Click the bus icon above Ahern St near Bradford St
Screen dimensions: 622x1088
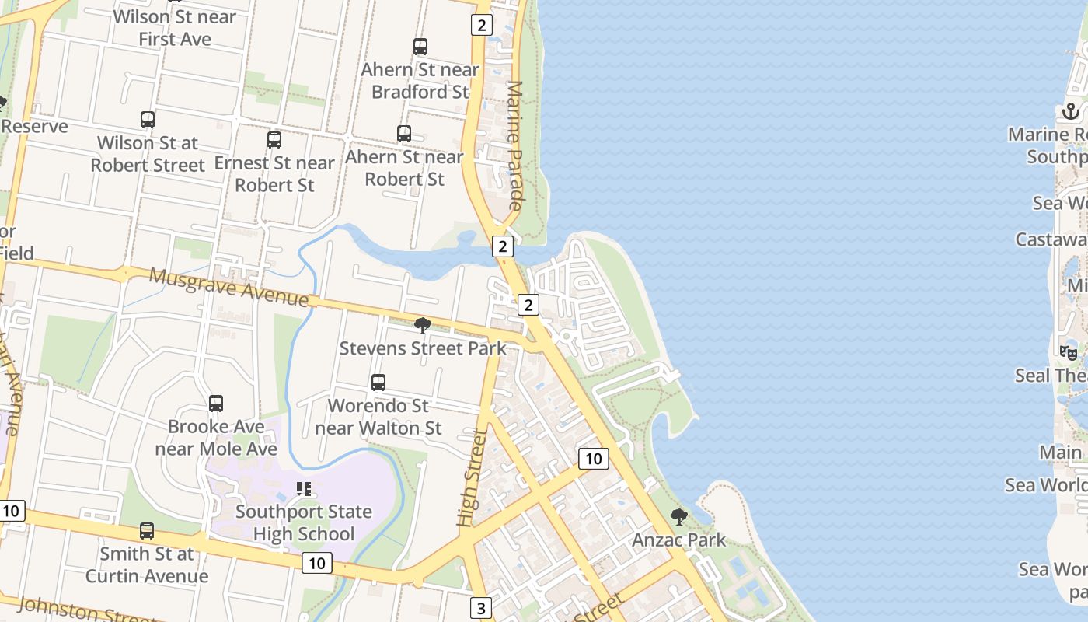click(x=420, y=47)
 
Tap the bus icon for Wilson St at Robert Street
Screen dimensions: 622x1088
click(x=148, y=120)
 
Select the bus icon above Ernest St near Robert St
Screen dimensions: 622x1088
click(x=274, y=140)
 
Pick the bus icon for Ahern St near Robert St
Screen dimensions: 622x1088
click(x=404, y=134)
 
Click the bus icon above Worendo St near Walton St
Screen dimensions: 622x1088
click(x=378, y=383)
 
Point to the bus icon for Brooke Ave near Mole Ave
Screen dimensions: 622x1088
click(x=216, y=404)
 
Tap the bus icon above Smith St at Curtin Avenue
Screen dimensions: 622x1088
click(x=147, y=531)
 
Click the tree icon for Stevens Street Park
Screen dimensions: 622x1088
click(x=423, y=325)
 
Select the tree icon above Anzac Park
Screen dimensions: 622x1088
click(x=679, y=517)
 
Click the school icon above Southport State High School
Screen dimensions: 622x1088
click(x=304, y=489)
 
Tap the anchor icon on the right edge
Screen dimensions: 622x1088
click(x=1072, y=111)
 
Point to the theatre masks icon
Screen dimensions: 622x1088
click(x=1069, y=352)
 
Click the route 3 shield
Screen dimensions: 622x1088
click(x=481, y=607)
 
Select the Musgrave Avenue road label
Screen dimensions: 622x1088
click(x=228, y=287)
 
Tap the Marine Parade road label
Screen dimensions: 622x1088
click(x=514, y=145)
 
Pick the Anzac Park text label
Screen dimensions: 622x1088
click(x=679, y=540)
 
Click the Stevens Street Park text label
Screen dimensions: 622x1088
click(x=423, y=348)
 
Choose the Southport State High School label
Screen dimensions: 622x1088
click(x=304, y=522)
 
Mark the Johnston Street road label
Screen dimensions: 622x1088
click(x=85, y=610)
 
